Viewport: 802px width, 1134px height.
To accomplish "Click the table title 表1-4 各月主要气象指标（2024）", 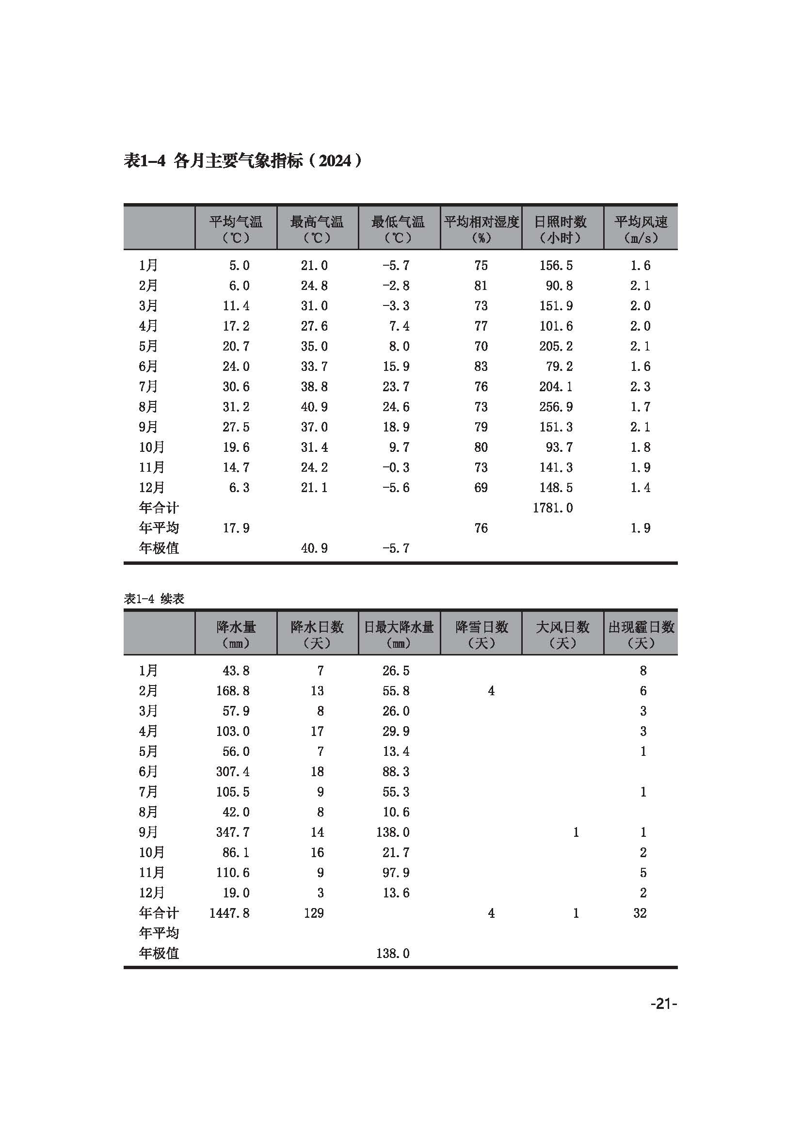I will click(x=243, y=160).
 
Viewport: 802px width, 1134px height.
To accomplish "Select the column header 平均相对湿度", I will click(x=481, y=222).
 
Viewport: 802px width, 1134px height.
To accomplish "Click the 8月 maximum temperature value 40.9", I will click(x=314, y=407).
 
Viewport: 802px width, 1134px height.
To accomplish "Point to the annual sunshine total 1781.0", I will click(x=553, y=508).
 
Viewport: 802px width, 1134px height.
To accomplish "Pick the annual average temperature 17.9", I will click(x=236, y=528).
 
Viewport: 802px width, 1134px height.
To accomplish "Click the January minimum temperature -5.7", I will click(x=396, y=266).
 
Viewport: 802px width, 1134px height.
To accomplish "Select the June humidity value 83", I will click(x=481, y=367).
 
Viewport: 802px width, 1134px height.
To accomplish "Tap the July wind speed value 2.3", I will click(x=640, y=387).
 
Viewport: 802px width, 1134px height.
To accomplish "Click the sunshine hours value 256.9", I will click(x=556, y=407).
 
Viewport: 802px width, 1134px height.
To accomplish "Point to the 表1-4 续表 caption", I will click(x=154, y=599).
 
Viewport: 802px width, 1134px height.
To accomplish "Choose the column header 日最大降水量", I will click(x=399, y=627).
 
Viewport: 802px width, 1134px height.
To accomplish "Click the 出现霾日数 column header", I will click(x=641, y=627).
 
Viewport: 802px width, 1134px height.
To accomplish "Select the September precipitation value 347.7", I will click(x=233, y=832).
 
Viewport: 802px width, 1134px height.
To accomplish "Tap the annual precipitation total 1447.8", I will click(x=229, y=913).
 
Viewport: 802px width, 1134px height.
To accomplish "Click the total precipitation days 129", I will click(x=314, y=913).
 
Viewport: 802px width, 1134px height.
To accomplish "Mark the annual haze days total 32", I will click(x=640, y=913).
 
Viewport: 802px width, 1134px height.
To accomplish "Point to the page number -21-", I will click(x=663, y=1004).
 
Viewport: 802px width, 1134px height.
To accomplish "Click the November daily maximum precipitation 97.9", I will click(x=396, y=873).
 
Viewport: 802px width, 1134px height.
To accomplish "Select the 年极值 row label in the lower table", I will click(x=159, y=953).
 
